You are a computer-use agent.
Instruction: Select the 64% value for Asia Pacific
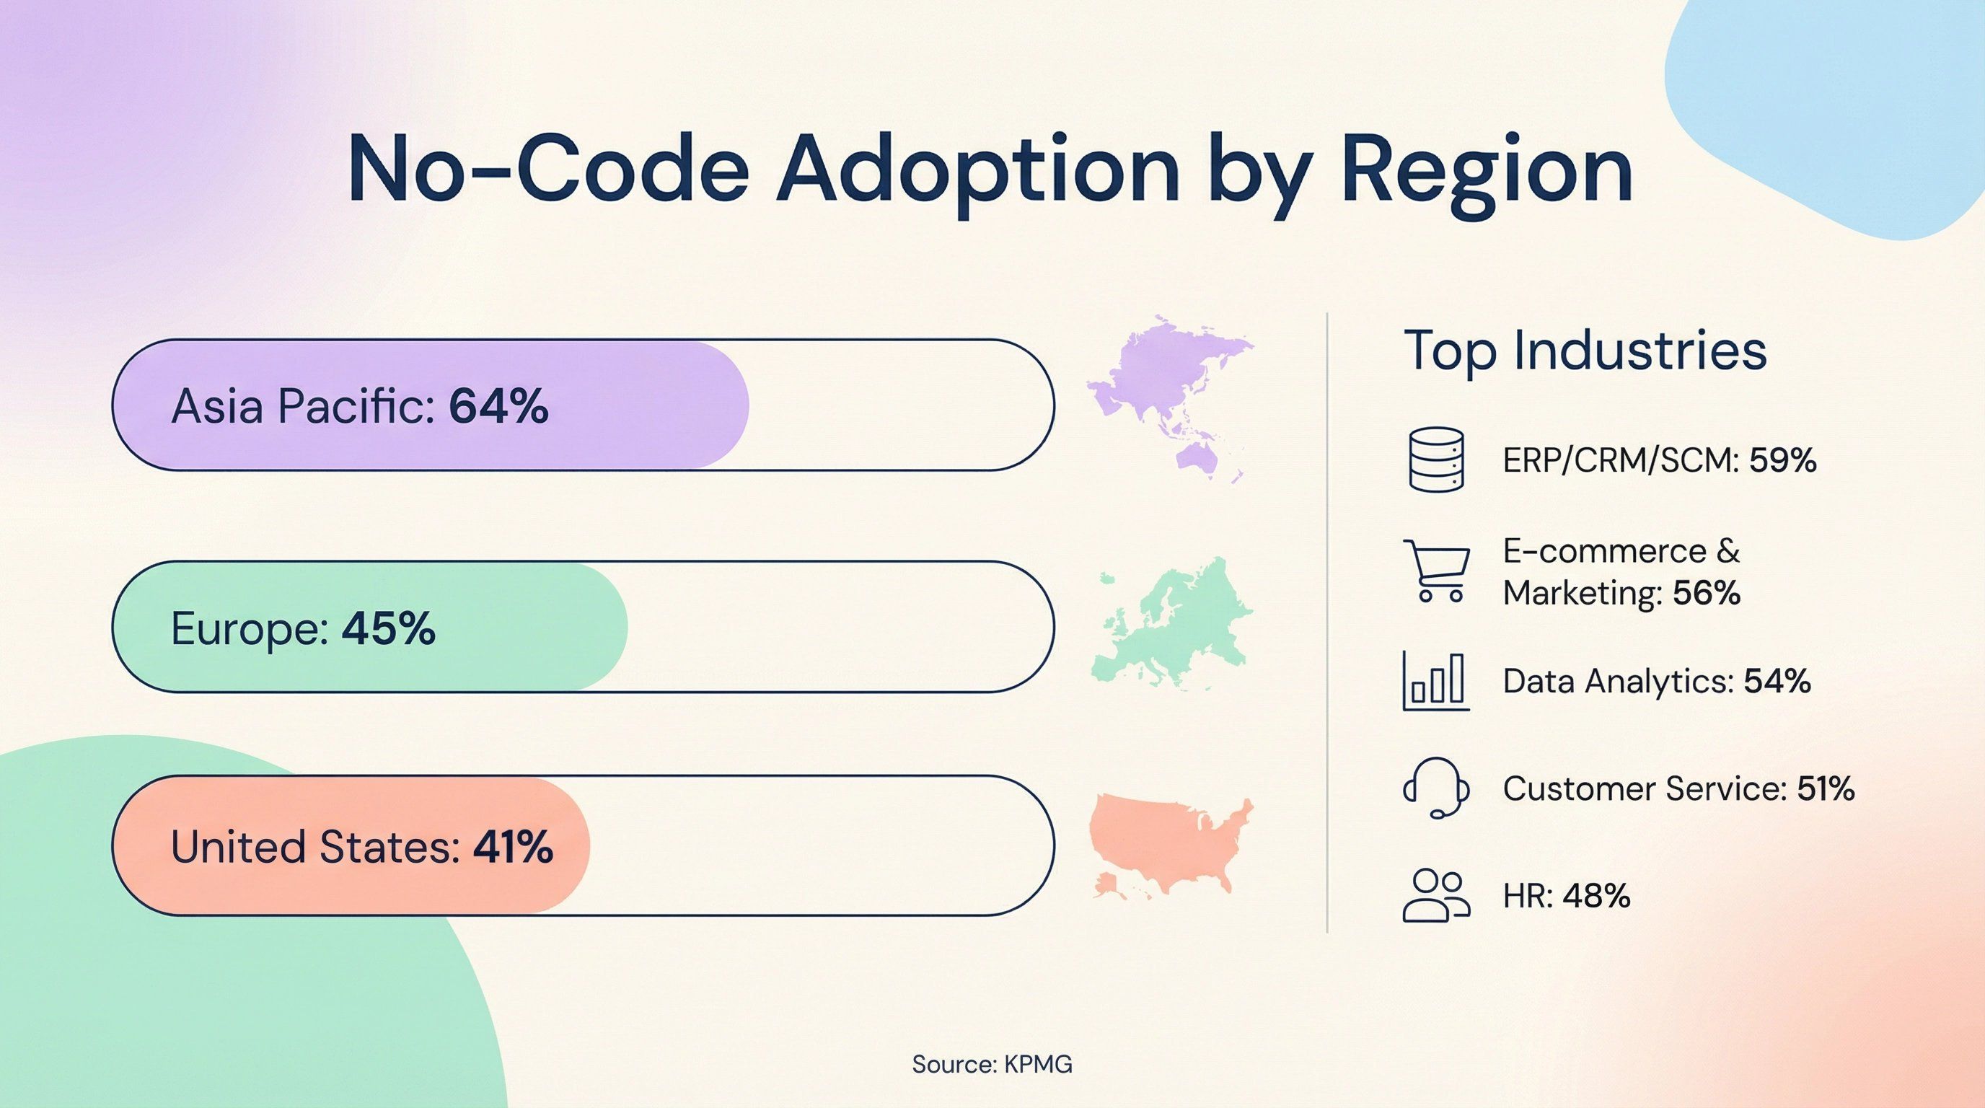(x=498, y=406)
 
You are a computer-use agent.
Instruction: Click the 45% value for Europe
(x=388, y=629)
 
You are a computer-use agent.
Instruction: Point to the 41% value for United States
(x=512, y=847)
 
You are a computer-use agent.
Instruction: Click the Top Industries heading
(x=1585, y=351)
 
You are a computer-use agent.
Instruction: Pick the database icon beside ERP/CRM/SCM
(x=1435, y=460)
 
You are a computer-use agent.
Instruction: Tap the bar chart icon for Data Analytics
(x=1435, y=681)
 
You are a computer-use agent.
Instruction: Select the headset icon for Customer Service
(x=1435, y=788)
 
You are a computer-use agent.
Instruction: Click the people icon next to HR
(x=1435, y=895)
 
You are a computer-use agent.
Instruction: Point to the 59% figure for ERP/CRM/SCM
(x=1782, y=461)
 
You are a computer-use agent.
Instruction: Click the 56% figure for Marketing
(x=1706, y=593)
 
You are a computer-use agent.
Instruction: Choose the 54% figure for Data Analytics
(x=1777, y=681)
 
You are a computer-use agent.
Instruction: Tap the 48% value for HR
(x=1597, y=896)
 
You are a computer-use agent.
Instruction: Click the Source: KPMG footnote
(x=992, y=1064)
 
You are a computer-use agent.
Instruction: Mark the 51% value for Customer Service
(x=1826, y=788)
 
